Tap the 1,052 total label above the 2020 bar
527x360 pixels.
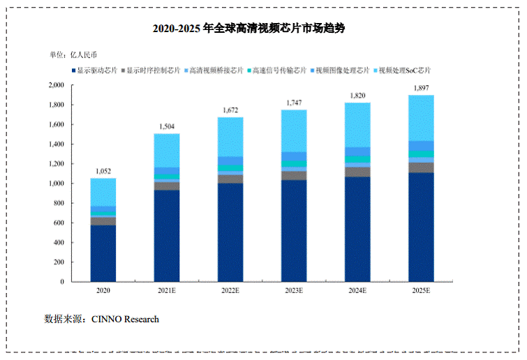[x=103, y=171]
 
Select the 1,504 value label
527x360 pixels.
[x=165, y=126]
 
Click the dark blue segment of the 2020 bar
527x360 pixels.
[x=103, y=253]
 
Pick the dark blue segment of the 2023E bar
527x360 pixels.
[x=294, y=230]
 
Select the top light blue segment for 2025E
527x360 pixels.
[x=421, y=117]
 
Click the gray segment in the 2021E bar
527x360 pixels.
[x=167, y=186]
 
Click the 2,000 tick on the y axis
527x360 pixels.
[x=54, y=85]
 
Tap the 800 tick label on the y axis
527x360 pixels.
[x=58, y=203]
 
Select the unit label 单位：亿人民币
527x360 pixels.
[x=73, y=54]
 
